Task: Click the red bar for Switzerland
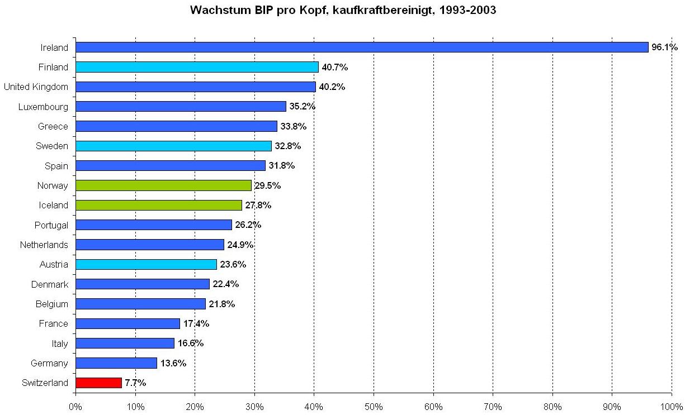point(98,383)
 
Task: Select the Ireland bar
point(361,47)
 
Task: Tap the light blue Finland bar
point(197,67)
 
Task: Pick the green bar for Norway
point(163,185)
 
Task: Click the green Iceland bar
point(159,205)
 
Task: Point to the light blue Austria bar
point(146,264)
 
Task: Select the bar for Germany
point(116,363)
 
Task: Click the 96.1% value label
point(664,47)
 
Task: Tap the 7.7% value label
point(135,383)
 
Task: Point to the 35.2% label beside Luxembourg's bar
point(303,107)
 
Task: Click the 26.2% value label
point(248,225)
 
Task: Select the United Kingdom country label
point(36,87)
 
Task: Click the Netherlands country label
point(44,245)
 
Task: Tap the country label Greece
point(53,126)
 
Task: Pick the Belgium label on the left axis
point(51,304)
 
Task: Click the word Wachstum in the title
point(216,10)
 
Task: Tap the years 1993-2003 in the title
point(469,10)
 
